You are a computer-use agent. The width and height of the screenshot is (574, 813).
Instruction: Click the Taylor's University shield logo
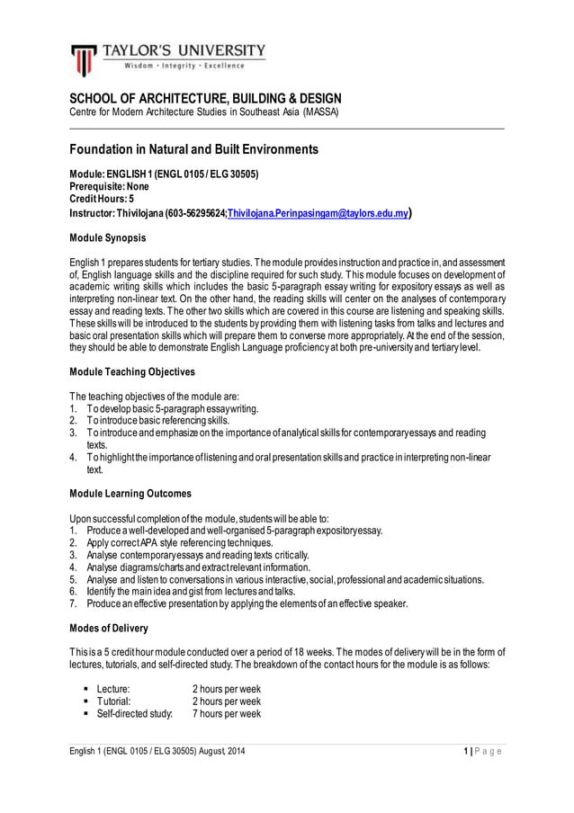(x=83, y=60)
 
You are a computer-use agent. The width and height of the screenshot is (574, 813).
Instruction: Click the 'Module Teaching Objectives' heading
(x=132, y=371)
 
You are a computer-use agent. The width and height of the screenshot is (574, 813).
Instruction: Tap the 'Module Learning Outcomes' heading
(x=130, y=493)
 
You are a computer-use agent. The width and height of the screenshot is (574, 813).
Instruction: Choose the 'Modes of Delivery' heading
(x=109, y=627)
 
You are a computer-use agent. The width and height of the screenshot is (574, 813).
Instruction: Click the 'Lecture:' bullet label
(x=113, y=689)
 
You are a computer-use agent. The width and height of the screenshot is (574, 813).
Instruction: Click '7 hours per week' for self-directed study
(x=227, y=713)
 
